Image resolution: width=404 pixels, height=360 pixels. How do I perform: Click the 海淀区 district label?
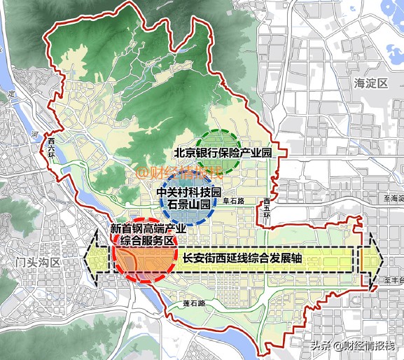click(x=370, y=83)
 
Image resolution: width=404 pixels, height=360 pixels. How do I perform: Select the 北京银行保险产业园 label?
click(x=221, y=152)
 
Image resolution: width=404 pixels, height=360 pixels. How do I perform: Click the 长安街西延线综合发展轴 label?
click(x=242, y=257)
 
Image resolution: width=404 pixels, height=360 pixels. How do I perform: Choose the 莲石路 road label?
click(x=194, y=304)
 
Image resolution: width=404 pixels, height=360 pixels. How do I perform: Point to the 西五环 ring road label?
click(x=267, y=208)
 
